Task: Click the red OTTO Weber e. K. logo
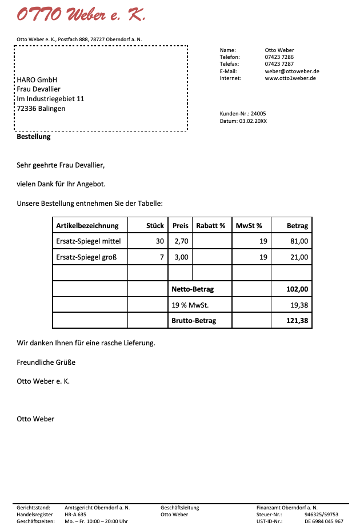[81, 15]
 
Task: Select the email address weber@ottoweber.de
[292, 71]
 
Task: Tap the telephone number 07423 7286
[279, 57]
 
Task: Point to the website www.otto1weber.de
[290, 78]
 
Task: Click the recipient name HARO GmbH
[37, 80]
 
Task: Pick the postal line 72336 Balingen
[41, 108]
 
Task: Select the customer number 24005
[258, 114]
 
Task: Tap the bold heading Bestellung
[34, 137]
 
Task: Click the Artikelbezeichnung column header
[87, 226]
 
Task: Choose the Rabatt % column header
[211, 226]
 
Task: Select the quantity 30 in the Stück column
[160, 241]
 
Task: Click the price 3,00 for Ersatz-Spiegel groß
[181, 257]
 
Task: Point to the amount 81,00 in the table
[299, 241]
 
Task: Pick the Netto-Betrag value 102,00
[297, 289]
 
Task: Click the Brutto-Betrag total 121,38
[297, 321]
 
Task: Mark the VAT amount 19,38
[299, 305]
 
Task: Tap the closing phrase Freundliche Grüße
[46, 362]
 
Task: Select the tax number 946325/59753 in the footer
[321, 515]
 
